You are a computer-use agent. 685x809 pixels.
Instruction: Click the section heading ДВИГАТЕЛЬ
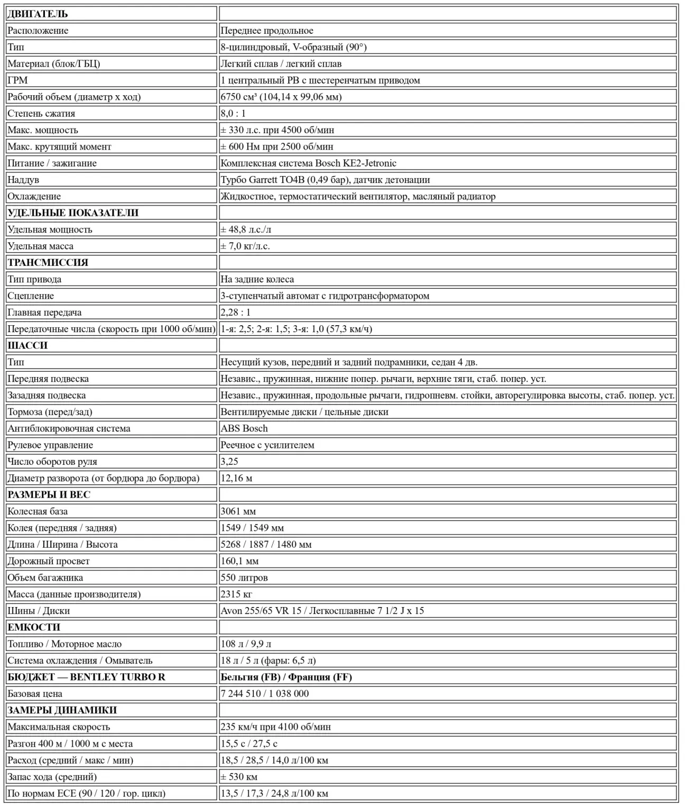coord(38,14)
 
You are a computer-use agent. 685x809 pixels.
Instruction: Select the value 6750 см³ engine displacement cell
coord(281,97)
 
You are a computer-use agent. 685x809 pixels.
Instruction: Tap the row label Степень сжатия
coord(41,113)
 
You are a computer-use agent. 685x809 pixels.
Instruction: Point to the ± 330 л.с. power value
coord(277,130)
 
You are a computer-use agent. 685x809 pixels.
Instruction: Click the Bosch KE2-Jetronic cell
coord(308,163)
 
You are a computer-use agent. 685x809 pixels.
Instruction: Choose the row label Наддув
coord(23,180)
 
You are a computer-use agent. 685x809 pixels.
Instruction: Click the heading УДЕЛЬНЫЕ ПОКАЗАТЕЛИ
coord(73,213)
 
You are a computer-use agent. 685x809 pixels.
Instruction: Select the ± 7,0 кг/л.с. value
coord(245,246)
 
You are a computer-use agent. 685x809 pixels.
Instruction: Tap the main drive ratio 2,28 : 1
coord(235,312)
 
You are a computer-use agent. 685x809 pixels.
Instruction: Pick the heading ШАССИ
coord(27,345)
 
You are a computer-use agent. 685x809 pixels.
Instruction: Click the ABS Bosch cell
coord(244,428)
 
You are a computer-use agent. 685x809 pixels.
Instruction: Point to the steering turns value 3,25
coord(229,462)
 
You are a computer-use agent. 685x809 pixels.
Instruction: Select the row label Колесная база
coord(38,511)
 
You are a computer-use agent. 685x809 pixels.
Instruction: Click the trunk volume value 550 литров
coord(244,577)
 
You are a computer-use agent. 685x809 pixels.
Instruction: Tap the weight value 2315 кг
coord(236,594)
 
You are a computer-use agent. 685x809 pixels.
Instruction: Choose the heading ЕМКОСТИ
coord(34,627)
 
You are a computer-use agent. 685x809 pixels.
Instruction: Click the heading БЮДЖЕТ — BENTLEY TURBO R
coord(86,677)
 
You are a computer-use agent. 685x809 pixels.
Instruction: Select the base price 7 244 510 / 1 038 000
coord(264,694)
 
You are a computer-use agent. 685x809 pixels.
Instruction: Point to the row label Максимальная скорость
coord(59,727)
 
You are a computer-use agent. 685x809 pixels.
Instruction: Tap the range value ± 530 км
coord(239,777)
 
